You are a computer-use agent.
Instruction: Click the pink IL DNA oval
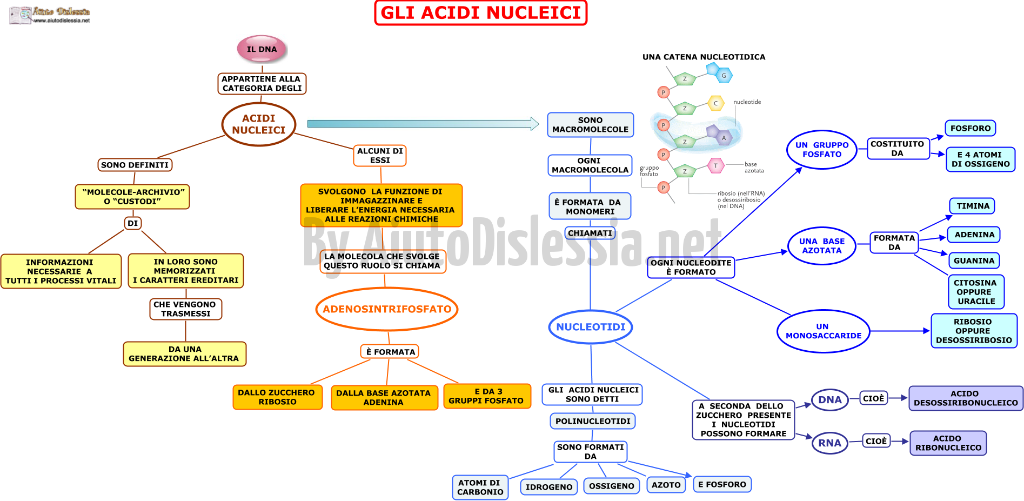tap(262, 49)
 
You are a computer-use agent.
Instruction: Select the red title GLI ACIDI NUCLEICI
tap(480, 13)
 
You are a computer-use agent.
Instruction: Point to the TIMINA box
tap(973, 206)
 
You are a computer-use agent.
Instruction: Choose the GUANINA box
tap(974, 260)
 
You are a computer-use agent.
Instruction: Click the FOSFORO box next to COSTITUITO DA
tap(971, 128)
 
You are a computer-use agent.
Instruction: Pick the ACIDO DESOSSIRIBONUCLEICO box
tap(966, 398)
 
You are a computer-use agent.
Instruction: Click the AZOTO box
tap(666, 485)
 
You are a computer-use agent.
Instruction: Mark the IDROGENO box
tap(549, 487)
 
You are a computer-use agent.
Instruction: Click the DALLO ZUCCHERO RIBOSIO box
tap(277, 397)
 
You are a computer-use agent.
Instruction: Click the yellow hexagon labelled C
tap(716, 103)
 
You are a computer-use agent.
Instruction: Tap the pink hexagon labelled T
tap(716, 165)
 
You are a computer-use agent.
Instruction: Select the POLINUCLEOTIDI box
tap(593, 421)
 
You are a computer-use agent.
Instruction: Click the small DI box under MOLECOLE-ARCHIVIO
tap(133, 223)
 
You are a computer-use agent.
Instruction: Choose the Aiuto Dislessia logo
tap(50, 15)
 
